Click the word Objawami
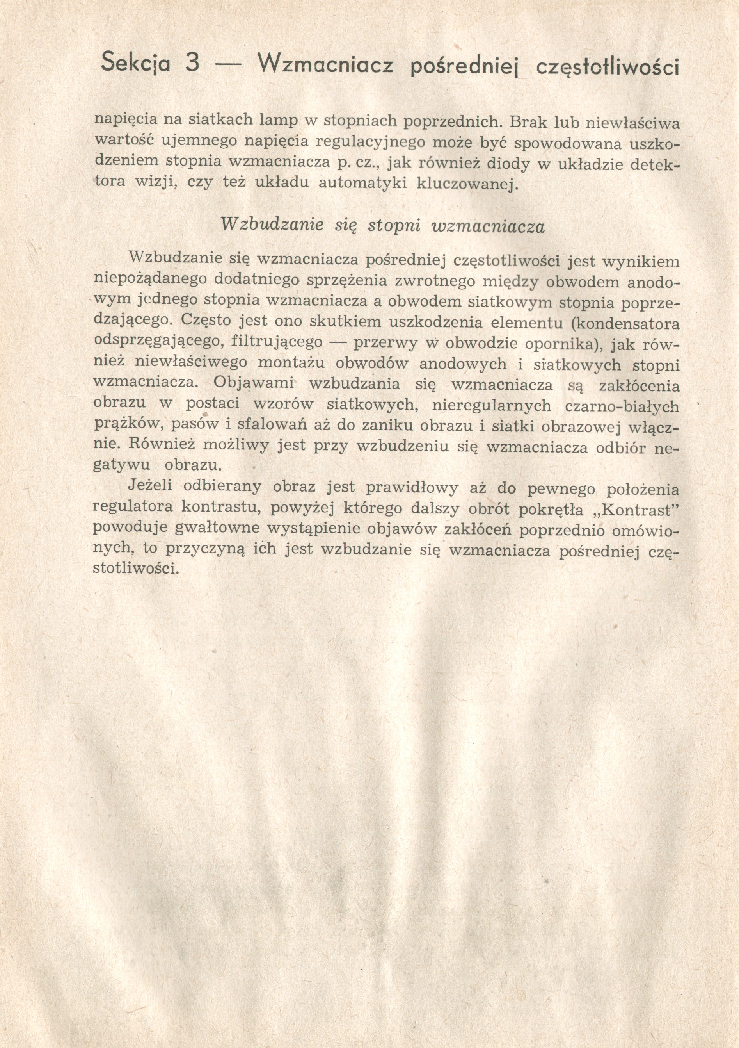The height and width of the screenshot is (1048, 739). click(253, 383)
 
